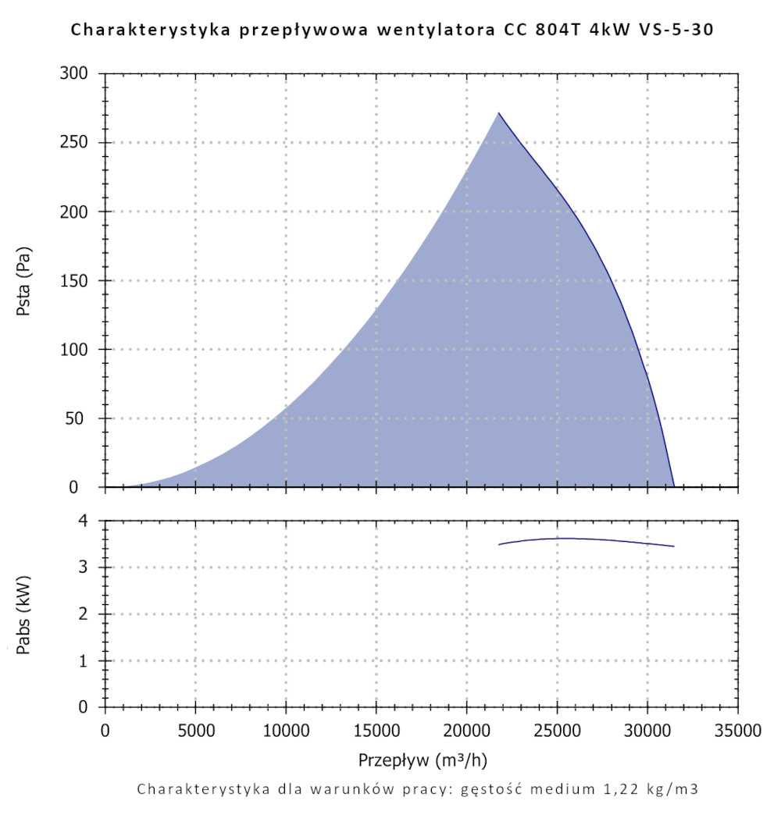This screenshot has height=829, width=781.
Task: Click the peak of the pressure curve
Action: [x=498, y=113]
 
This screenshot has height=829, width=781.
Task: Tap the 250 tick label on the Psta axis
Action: [x=76, y=143]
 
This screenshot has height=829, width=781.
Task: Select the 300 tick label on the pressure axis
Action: [x=76, y=74]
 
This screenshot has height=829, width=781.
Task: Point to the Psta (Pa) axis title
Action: [x=25, y=280]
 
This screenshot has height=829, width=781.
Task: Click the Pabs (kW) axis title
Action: [x=25, y=614]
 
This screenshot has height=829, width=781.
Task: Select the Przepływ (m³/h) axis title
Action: [x=423, y=760]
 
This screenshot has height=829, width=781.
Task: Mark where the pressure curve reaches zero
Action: [x=674, y=486]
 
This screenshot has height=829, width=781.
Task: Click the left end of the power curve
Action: [x=499, y=544]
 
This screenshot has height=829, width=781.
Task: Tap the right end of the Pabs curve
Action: [x=673, y=546]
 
